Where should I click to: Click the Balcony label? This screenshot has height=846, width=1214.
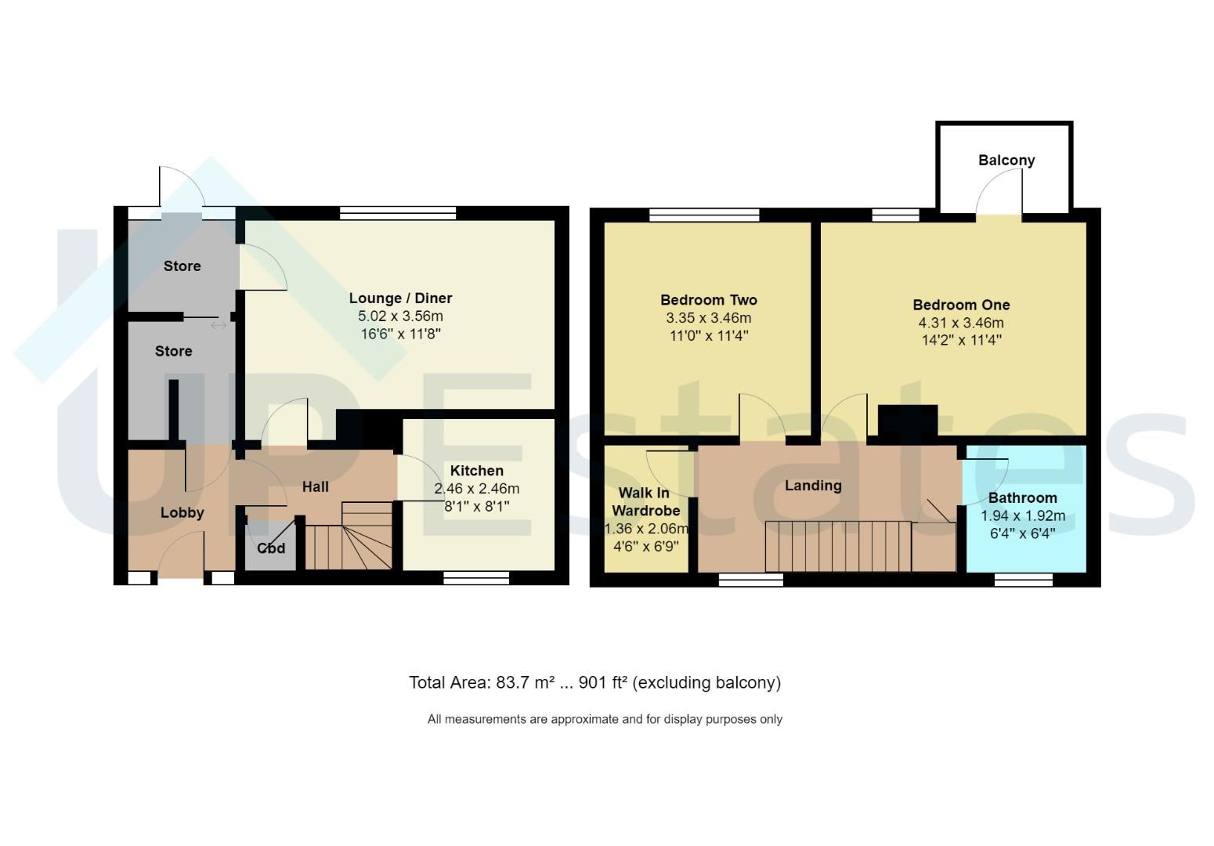(1006, 161)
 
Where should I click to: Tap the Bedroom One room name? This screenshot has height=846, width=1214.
(962, 305)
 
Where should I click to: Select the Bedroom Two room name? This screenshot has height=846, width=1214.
(709, 300)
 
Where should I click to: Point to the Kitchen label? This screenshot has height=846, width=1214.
(477, 471)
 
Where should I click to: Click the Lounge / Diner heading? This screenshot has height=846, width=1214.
(400, 298)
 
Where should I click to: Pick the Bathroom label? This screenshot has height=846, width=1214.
(1023, 497)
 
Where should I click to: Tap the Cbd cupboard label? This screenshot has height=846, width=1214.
(271, 548)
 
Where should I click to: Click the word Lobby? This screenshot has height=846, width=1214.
(182, 513)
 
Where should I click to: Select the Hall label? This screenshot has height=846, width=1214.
(316, 486)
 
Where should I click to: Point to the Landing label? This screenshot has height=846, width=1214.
(813, 486)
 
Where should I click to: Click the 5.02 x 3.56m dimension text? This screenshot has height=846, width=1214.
(400, 316)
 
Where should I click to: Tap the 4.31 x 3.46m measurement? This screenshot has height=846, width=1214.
(961, 323)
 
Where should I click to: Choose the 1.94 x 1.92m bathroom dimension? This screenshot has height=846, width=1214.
(1023, 516)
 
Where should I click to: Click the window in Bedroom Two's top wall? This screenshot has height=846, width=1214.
(704, 215)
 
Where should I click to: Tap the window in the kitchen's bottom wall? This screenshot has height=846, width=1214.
(476, 578)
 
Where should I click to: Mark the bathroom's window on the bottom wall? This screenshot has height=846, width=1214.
(1023, 580)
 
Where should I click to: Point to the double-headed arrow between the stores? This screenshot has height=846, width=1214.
(219, 325)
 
